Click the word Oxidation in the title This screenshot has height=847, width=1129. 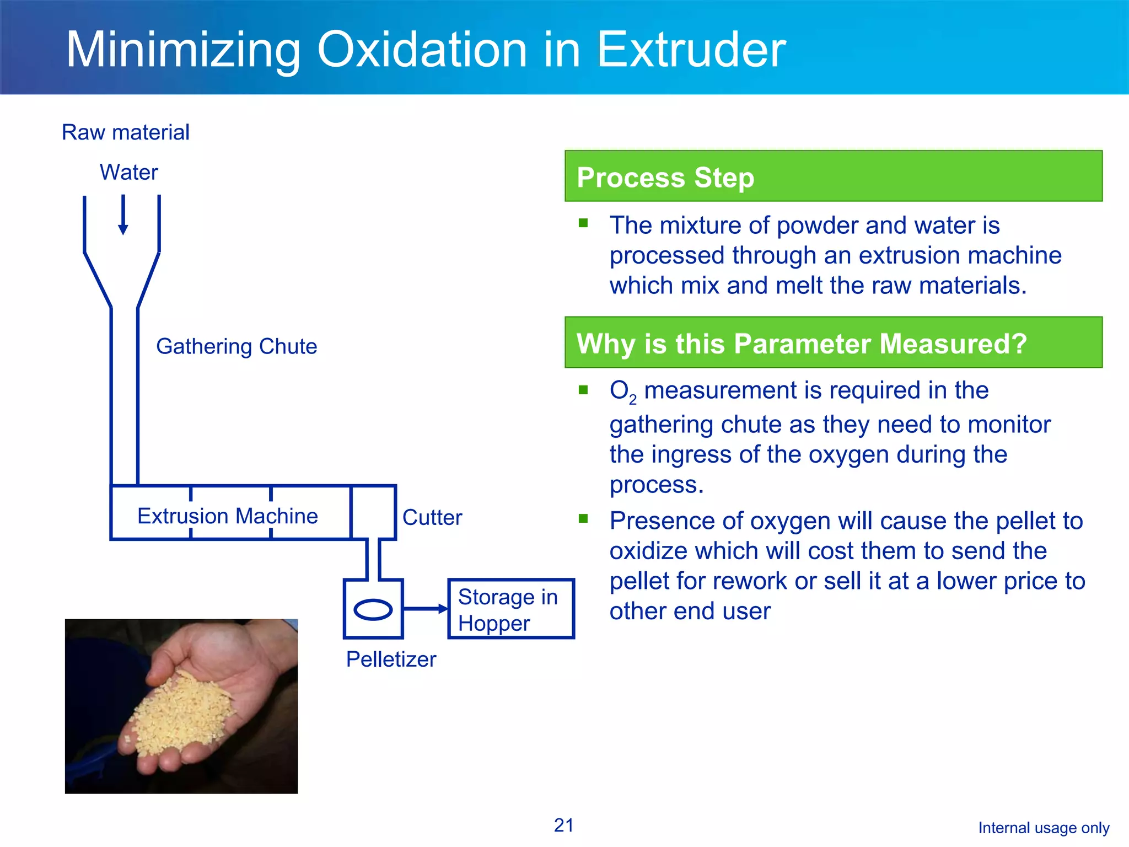(x=421, y=50)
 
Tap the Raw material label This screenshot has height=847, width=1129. (x=126, y=132)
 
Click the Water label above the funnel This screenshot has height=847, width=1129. (x=128, y=172)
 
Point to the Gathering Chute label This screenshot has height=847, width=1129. (x=236, y=346)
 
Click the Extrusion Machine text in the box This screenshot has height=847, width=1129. (x=227, y=516)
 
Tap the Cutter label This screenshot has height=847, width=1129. (x=432, y=517)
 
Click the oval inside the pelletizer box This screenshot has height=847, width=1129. (x=373, y=609)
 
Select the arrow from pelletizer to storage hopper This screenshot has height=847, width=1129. (x=426, y=609)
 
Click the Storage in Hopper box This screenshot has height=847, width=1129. (x=510, y=609)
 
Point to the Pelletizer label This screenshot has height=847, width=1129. (x=391, y=659)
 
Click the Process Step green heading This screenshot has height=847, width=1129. (x=665, y=178)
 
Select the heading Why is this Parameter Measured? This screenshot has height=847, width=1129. (x=801, y=344)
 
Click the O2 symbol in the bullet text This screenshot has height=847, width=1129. (x=622, y=391)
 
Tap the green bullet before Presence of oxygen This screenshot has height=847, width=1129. (x=583, y=518)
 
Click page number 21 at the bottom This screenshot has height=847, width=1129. (x=563, y=825)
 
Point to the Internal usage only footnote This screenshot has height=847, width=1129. (x=1043, y=828)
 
